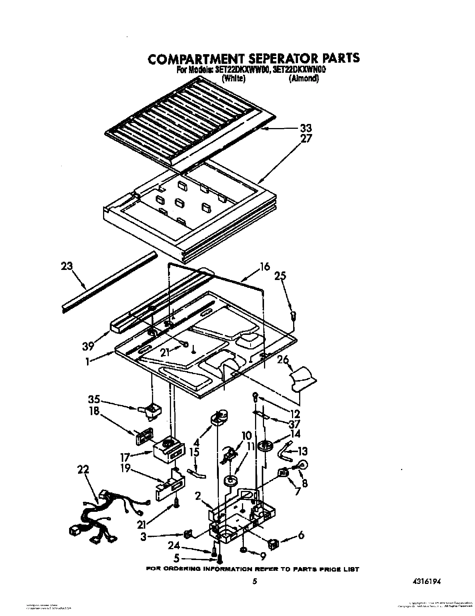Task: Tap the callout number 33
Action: click(x=305, y=128)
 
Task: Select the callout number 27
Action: click(x=305, y=139)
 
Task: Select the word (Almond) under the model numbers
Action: click(x=303, y=79)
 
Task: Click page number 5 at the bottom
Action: click(x=254, y=581)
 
